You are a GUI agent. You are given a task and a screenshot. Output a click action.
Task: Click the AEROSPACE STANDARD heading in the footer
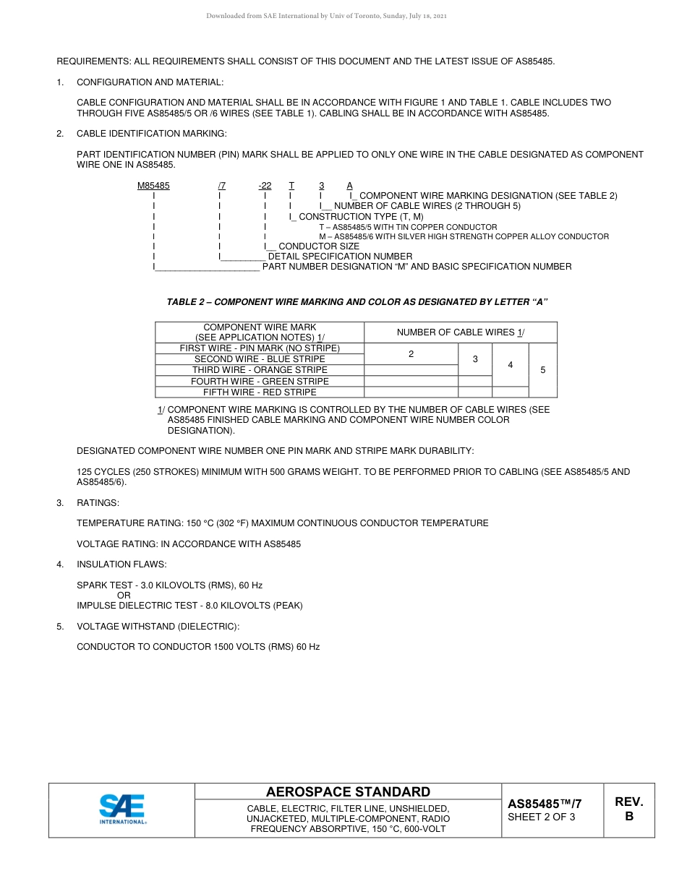[348, 791]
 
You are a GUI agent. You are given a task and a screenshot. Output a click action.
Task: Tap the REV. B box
[628, 809]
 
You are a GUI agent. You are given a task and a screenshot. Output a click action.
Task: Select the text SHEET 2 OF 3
[542, 817]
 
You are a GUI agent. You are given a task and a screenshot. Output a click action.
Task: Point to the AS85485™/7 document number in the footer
[545, 804]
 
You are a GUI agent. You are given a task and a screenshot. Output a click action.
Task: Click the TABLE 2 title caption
[357, 302]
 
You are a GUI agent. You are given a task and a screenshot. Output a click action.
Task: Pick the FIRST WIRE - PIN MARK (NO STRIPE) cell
[260, 348]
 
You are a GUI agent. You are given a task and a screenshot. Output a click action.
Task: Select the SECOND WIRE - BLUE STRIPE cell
[260, 359]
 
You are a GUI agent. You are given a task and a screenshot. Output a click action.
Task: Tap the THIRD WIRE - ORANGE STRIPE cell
[260, 370]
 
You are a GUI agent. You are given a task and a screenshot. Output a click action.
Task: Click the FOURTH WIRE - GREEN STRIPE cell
[260, 381]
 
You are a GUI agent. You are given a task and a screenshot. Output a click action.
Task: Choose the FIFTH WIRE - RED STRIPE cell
[260, 392]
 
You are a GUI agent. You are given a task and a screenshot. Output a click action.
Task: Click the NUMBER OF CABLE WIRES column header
[460, 332]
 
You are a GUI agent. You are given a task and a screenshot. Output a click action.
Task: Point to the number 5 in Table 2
[543, 370]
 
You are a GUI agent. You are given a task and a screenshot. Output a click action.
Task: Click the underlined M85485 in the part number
[153, 186]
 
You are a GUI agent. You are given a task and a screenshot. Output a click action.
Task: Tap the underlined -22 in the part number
[265, 186]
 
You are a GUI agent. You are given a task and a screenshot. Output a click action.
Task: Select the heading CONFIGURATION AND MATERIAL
[150, 82]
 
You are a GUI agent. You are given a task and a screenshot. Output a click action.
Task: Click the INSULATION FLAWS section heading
[121, 564]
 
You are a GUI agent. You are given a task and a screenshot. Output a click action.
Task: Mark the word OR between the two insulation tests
[124, 596]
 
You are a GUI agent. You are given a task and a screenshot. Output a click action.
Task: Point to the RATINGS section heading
[98, 502]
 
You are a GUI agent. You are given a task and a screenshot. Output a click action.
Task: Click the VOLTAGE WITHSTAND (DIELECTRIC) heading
[158, 627]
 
